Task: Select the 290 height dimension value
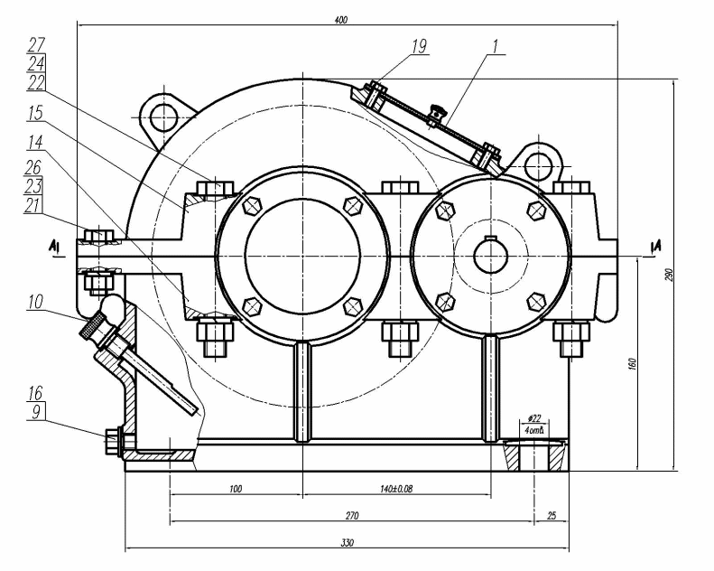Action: (669, 275)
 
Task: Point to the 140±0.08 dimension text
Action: (396, 489)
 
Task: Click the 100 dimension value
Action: (236, 489)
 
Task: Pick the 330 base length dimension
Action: (348, 542)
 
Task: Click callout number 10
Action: (37, 303)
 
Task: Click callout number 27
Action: (37, 44)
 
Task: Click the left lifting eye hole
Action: (164, 115)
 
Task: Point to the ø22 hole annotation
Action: (533, 417)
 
